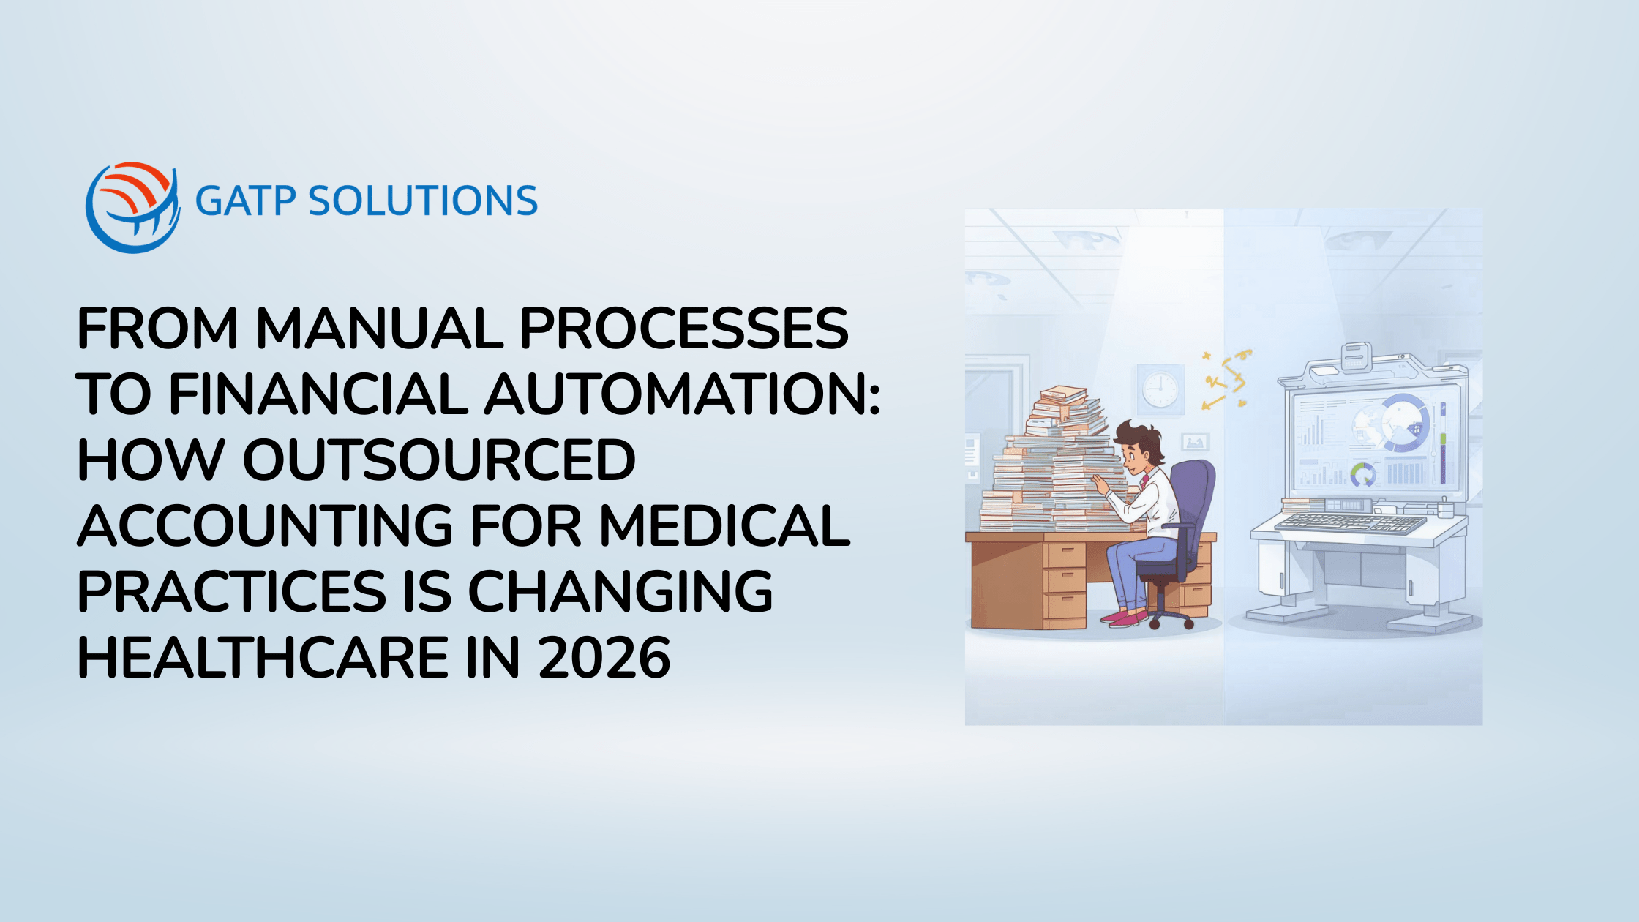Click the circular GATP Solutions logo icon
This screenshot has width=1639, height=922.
pos(132,207)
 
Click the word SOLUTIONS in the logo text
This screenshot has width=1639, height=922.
pos(423,201)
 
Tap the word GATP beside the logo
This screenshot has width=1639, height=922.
pos(245,201)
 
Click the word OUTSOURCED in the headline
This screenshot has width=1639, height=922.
pos(439,460)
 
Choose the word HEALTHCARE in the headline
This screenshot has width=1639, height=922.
pos(263,658)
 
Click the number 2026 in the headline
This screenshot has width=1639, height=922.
pos(604,658)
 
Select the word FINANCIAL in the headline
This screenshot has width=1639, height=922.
pos(318,394)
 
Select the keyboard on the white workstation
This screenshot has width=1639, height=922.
pos(1350,522)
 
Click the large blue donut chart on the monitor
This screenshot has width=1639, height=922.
pos(1402,423)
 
